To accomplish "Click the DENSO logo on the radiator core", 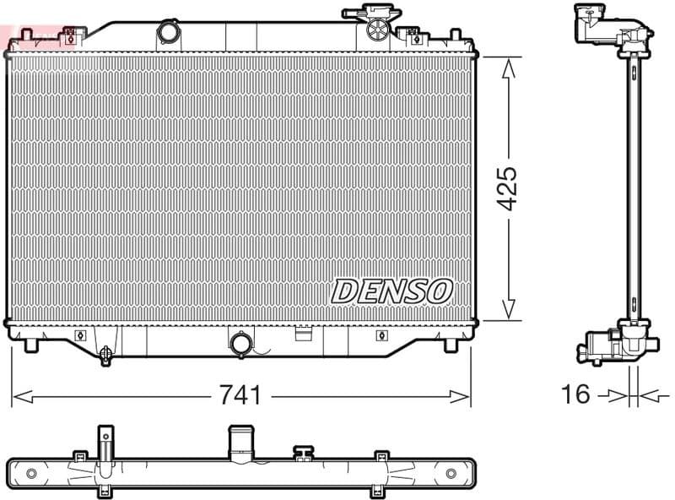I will pyautogui.click(x=392, y=291).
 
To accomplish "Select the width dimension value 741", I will pyautogui.click(x=240, y=395).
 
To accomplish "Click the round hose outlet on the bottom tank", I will pyautogui.click(x=240, y=344).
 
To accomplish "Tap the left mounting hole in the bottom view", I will pyautogui.click(x=31, y=471).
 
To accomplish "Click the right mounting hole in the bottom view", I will pyautogui.click(x=455, y=471).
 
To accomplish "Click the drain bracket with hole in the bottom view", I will pyautogui.click(x=105, y=443).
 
